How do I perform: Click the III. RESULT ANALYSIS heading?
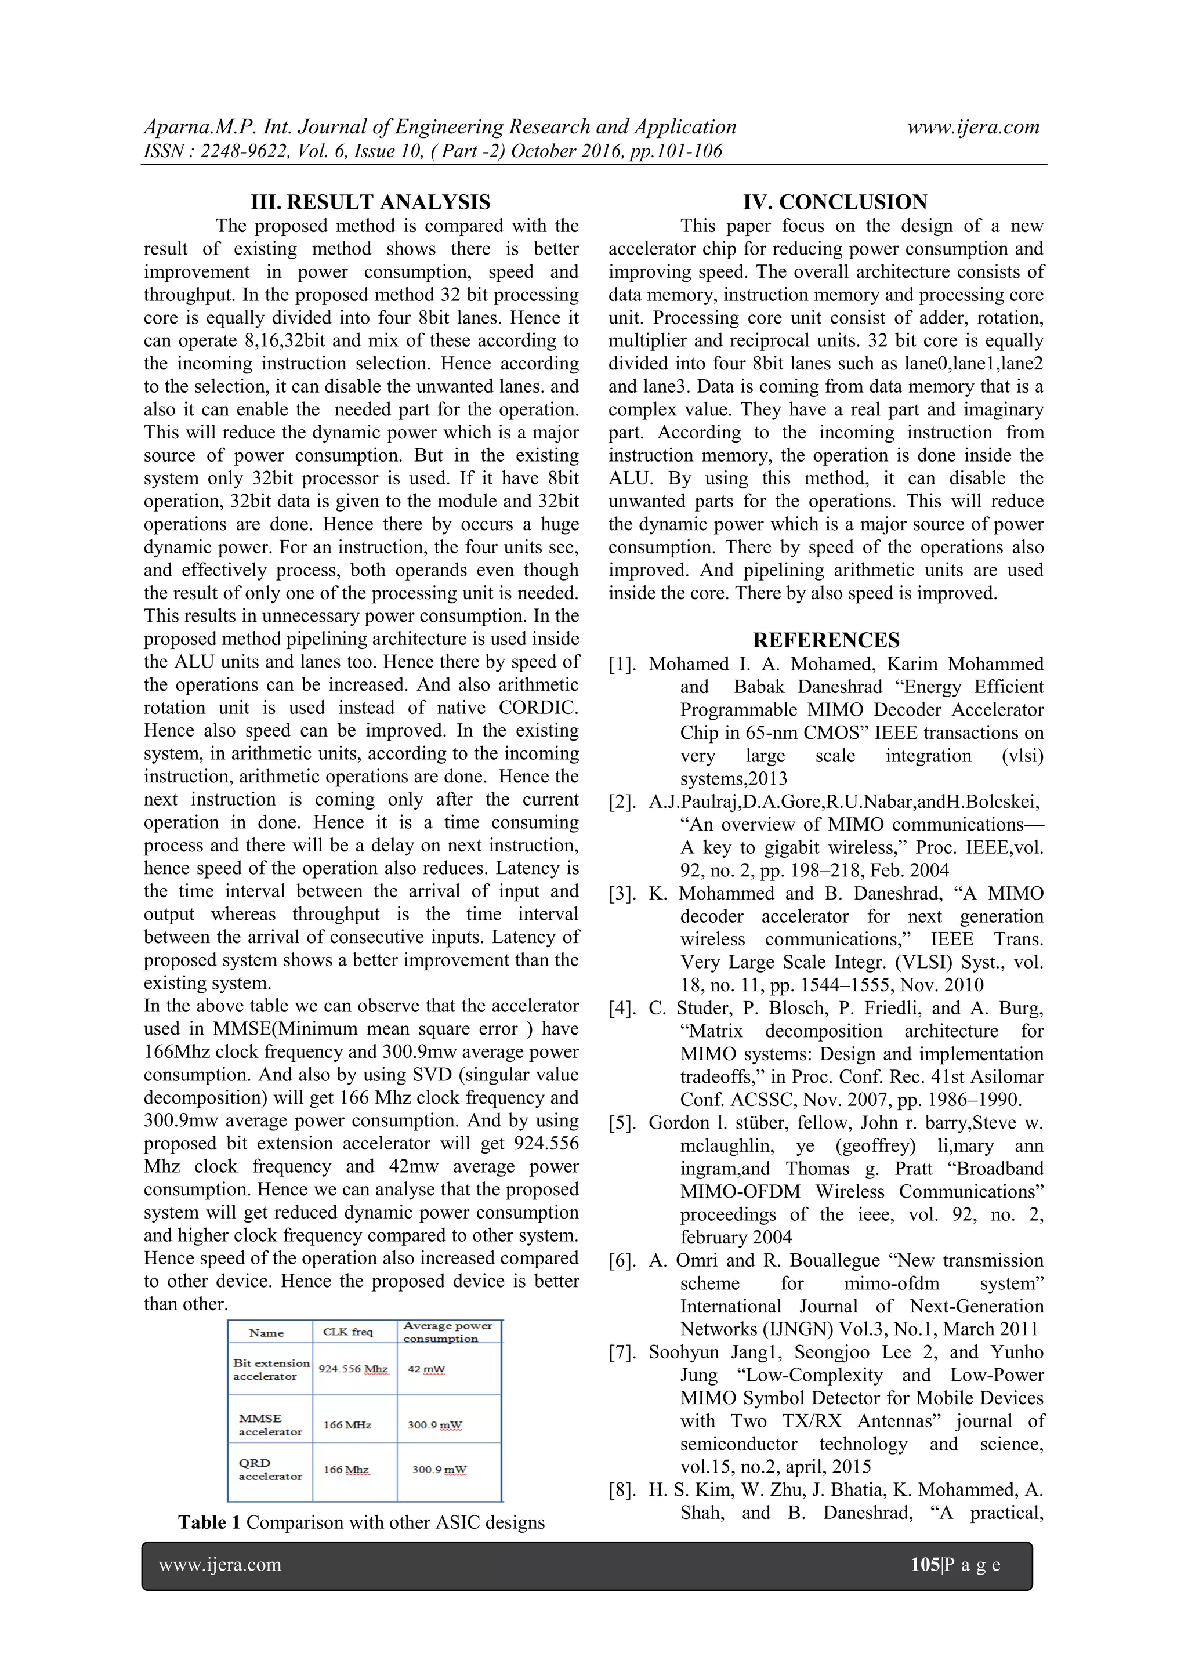click(370, 202)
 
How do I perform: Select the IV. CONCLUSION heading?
click(835, 202)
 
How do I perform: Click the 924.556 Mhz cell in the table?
click(353, 1369)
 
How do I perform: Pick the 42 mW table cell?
click(426, 1369)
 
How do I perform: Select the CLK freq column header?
click(347, 1332)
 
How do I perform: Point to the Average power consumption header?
click(447, 1332)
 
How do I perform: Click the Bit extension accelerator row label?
click(271, 1369)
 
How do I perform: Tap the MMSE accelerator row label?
click(269, 1424)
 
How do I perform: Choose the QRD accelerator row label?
click(269, 1469)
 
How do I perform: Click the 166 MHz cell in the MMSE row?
click(347, 1424)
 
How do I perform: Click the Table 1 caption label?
click(209, 1522)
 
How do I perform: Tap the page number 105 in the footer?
click(925, 1565)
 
